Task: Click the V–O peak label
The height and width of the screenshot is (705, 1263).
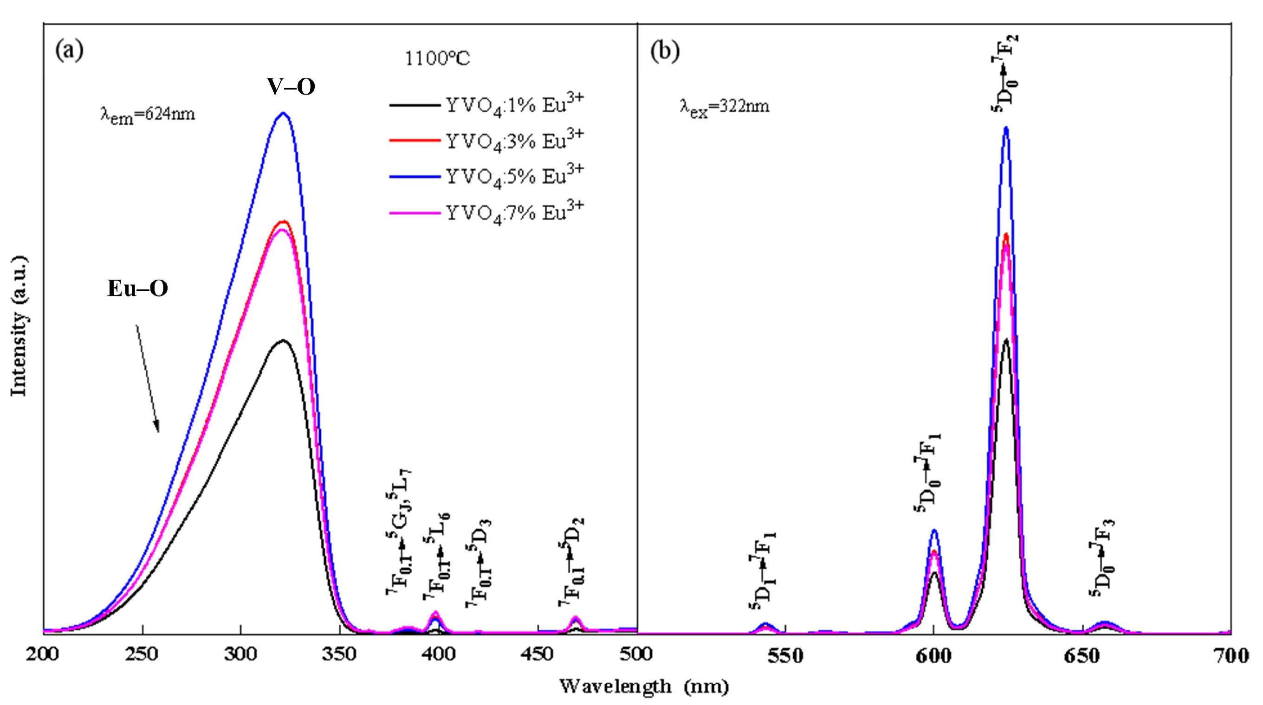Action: point(291,87)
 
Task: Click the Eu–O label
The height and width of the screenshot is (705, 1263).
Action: point(138,288)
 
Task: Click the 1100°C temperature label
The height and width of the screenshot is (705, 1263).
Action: point(437,59)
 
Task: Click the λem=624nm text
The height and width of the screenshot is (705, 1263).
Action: point(148,115)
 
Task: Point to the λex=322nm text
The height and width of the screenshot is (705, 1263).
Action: point(724,106)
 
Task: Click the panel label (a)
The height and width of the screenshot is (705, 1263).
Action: point(69,50)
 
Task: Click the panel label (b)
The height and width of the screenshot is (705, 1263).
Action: point(665,51)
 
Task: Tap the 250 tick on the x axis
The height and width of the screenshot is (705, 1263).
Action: point(142,654)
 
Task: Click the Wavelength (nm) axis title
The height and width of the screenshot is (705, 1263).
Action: point(644,686)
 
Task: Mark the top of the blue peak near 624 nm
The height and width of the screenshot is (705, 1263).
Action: point(1006,128)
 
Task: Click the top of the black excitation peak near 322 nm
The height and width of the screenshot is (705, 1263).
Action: point(283,340)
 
